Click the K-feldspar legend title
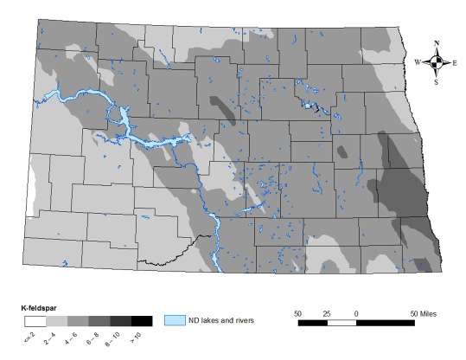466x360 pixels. (39, 307)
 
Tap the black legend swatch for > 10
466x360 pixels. (142, 321)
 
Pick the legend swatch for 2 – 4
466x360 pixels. (54, 321)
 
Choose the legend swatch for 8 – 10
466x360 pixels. (120, 321)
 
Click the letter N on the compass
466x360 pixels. (437, 42)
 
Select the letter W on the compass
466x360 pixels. (418, 62)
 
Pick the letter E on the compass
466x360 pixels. (456, 62)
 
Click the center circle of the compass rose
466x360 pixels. (437, 61)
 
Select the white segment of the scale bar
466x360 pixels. (341, 322)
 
